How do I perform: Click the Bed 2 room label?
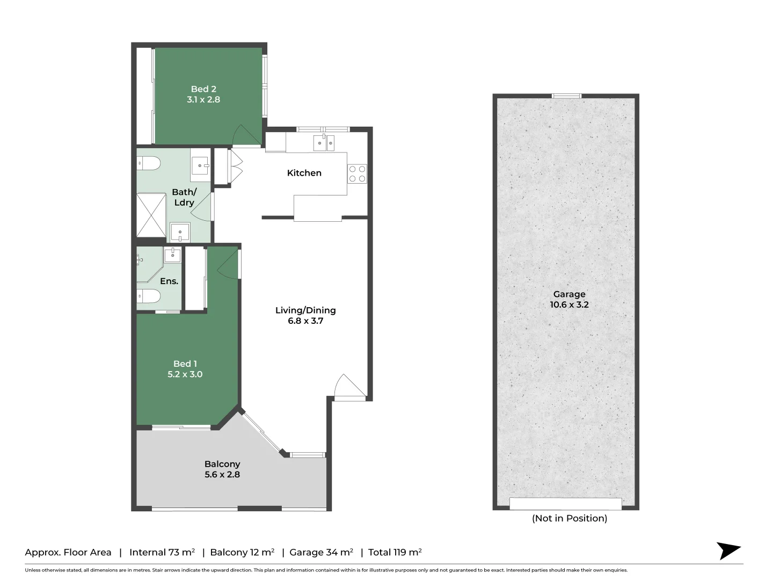(203, 89)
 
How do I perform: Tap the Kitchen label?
(304, 173)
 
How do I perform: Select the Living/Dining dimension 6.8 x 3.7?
(305, 321)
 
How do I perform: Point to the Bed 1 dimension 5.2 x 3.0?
(185, 374)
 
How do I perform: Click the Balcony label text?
(222, 464)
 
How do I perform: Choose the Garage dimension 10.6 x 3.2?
(569, 305)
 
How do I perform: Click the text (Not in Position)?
(569, 518)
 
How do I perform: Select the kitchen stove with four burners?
(357, 173)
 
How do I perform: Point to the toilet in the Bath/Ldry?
(149, 163)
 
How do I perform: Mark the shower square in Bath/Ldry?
(151, 215)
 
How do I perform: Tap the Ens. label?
(169, 281)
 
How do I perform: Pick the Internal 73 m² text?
(162, 552)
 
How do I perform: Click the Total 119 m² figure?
(395, 552)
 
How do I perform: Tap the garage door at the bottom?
(565, 504)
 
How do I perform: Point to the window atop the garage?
(566, 96)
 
